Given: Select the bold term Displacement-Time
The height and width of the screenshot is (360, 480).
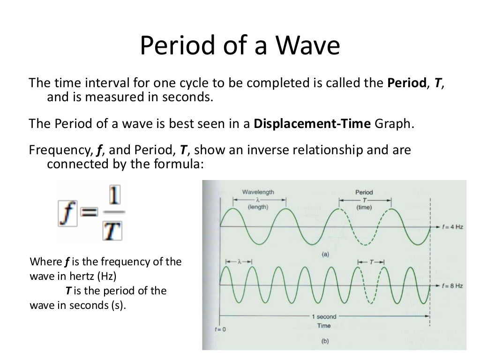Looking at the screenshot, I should click(x=311, y=124).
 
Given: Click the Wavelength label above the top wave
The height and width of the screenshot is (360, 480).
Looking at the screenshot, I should click(x=258, y=192).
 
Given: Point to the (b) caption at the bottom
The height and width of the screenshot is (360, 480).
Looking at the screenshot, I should click(x=325, y=341).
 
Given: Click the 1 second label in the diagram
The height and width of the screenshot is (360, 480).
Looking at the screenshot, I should click(x=324, y=317).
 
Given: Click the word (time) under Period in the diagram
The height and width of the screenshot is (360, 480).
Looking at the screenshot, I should click(x=364, y=207).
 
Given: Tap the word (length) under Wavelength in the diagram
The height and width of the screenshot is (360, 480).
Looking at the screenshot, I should click(x=258, y=207).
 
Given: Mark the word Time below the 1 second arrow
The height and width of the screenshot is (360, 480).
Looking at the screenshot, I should click(x=324, y=325).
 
